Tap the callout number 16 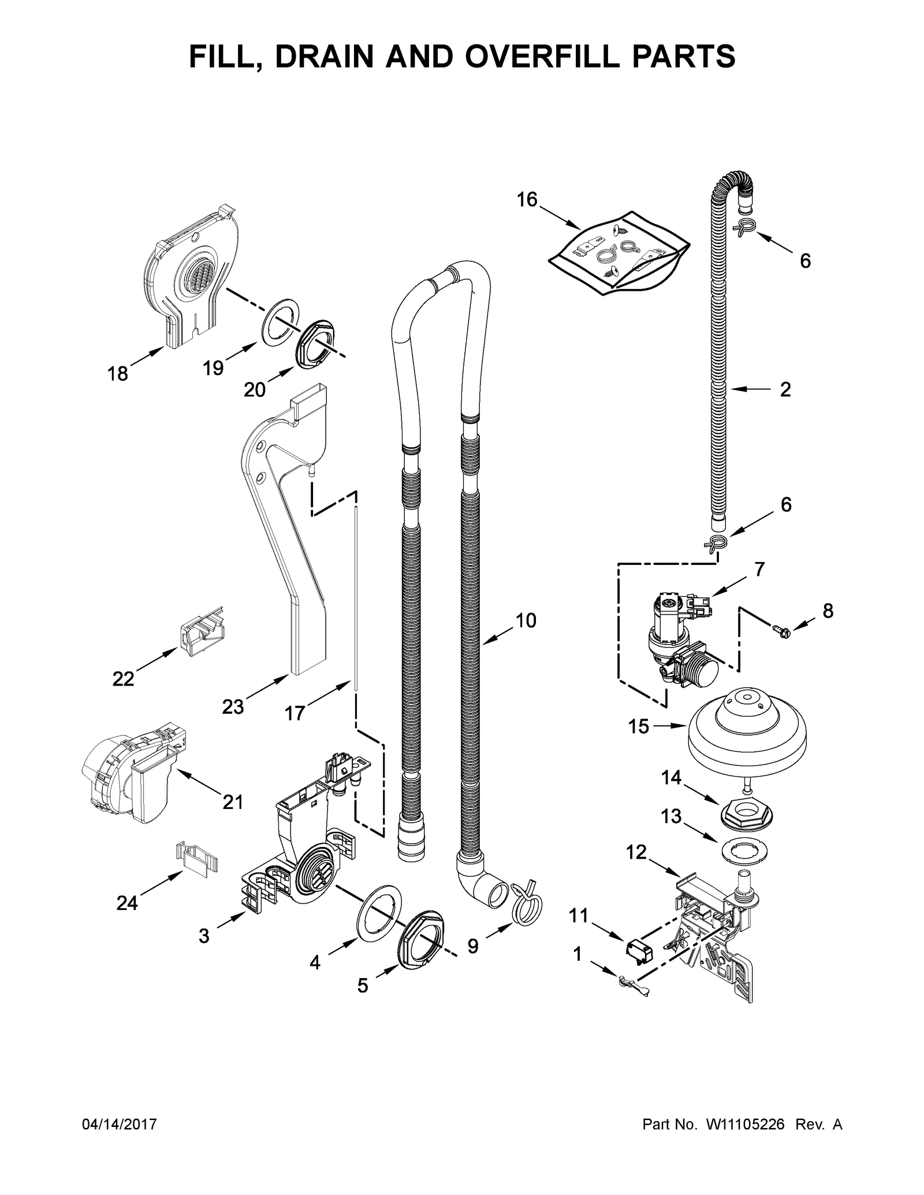click(x=527, y=200)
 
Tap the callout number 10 click(x=526, y=620)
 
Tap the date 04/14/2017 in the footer click(x=120, y=1125)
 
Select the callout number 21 click(x=233, y=802)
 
